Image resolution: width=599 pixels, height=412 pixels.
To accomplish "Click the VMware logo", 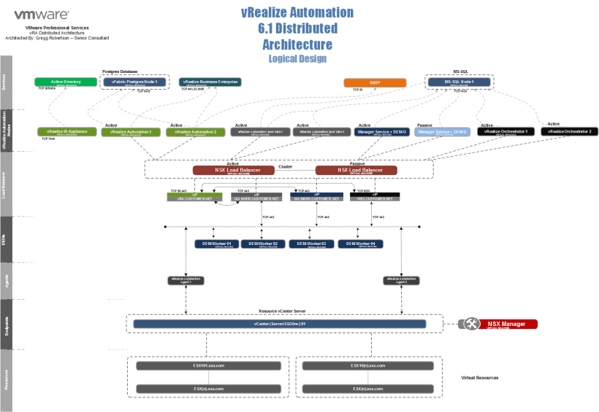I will pyautogui.click(x=41, y=14).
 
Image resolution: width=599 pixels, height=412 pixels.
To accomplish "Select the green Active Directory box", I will pyautogui.click(x=66, y=82).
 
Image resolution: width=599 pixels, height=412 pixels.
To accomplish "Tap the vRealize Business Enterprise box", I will pyautogui.click(x=210, y=82).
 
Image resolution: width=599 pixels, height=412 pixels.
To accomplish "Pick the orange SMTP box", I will pyautogui.click(x=375, y=82).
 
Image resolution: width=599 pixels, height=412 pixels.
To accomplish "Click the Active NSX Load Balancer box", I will pyautogui.click(x=233, y=170).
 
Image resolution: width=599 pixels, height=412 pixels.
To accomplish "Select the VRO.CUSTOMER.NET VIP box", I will pyautogui.click(x=375, y=197).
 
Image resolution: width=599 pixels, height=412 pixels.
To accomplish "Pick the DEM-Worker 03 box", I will pyautogui.click(x=312, y=244).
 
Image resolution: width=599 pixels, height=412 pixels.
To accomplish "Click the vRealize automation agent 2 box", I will pyautogui.click(x=400, y=279).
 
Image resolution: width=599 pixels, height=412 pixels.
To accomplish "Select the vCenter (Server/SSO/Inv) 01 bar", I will pyautogui.click(x=278, y=323).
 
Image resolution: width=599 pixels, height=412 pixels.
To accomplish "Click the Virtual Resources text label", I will pyautogui.click(x=480, y=378).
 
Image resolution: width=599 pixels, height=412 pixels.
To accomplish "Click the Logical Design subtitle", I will pyautogui.click(x=297, y=58).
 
